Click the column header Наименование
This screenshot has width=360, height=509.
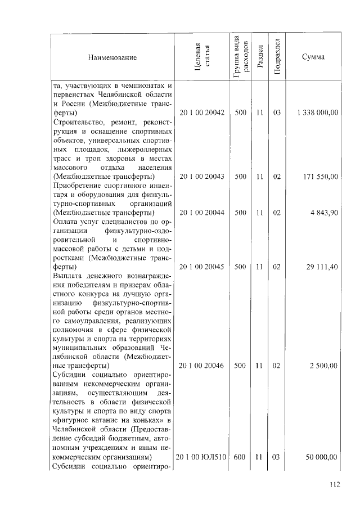pos(112,57)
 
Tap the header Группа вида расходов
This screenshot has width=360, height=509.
pos(240,57)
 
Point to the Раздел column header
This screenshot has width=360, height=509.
pos(259,57)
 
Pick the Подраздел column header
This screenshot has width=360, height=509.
pos(277,57)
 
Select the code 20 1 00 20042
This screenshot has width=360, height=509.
pos(202,113)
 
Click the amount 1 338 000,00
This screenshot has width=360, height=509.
pos(318,113)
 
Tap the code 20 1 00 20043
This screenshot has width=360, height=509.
pos(202,177)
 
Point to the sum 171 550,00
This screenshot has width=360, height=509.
pos(322,177)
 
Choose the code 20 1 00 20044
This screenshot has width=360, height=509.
pos(202,213)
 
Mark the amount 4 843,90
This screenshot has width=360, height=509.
pos(325,213)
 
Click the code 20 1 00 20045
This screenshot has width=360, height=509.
pos(202,267)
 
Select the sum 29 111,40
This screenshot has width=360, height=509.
pos(322,267)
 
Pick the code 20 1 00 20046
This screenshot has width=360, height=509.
pos(202,366)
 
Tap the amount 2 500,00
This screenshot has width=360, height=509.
pos(324,366)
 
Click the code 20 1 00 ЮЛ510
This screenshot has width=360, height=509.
pos(202,457)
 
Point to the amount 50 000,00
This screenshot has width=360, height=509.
pos(322,457)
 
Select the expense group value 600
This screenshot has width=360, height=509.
pos(240,457)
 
